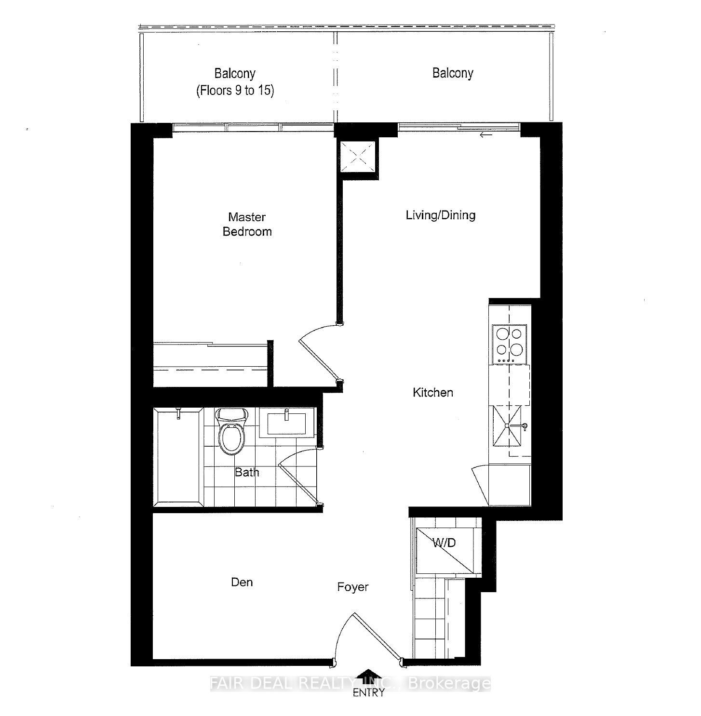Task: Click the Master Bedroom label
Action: point(247,224)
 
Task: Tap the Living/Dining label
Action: point(440,215)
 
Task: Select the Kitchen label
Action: point(432,392)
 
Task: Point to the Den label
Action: point(242,582)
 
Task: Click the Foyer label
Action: point(352,587)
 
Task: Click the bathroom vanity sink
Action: point(286,423)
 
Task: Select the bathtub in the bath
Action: point(178,456)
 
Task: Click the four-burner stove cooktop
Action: point(509,344)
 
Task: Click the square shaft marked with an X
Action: point(357,156)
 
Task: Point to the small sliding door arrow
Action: point(486,135)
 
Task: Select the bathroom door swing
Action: point(297,477)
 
